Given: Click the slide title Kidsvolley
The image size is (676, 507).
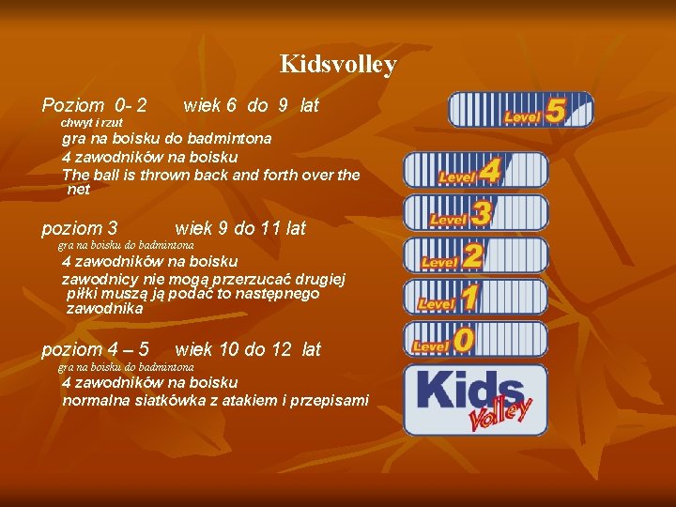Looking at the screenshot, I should coord(338,65).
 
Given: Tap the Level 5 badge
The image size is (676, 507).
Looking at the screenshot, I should coord(521,110).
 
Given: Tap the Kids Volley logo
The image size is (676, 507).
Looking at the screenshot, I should coord(475,399).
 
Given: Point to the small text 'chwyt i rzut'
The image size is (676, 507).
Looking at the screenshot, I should coord(92,123).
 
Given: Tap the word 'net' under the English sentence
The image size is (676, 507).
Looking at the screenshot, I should coord(79,190).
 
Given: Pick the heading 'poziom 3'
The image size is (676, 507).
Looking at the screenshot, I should coord(80,228).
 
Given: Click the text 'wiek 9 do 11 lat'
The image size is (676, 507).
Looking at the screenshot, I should coord(240,228).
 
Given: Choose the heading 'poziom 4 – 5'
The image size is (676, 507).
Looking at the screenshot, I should coord(96,350).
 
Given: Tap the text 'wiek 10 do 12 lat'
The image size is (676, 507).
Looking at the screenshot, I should coord(248,350).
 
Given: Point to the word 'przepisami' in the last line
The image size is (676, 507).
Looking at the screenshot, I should coord(330,401).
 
